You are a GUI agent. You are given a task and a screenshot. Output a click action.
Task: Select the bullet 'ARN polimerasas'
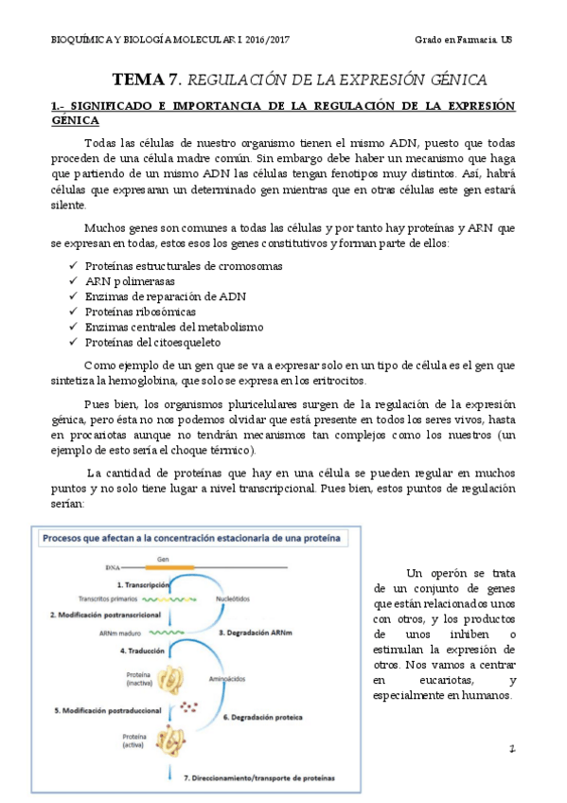click(x=130, y=281)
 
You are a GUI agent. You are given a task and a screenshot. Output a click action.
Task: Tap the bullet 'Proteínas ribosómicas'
click(x=140, y=312)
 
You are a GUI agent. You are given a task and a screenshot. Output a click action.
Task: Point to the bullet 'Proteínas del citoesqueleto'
click(x=152, y=342)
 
